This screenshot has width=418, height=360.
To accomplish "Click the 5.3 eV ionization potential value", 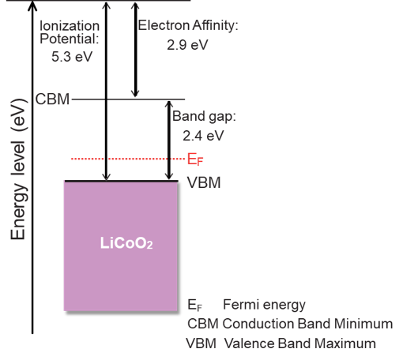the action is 72,57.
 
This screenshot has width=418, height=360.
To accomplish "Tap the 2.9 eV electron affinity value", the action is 187,44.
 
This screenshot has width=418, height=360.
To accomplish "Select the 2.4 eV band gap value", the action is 203,136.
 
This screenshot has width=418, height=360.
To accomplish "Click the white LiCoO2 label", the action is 126,243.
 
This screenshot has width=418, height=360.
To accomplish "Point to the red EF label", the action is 195,159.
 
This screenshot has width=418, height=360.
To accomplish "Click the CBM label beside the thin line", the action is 52,99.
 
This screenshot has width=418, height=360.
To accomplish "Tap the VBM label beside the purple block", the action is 204,182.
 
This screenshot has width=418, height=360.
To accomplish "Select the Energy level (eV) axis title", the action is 19,169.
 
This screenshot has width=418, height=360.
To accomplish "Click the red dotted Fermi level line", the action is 128,159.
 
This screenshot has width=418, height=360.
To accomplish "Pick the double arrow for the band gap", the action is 169,140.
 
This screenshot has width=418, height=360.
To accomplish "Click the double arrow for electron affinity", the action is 135,50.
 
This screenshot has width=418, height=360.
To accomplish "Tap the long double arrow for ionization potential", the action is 107,92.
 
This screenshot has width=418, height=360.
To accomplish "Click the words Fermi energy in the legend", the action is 264,305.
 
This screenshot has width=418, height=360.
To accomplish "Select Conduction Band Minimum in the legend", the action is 307,324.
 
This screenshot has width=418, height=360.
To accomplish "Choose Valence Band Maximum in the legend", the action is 300,343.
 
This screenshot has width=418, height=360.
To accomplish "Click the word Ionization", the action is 70,26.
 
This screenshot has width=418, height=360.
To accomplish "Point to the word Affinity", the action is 215,26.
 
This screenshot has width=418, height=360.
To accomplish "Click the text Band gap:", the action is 204,117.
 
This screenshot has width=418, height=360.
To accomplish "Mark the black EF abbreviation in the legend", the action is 195,306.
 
